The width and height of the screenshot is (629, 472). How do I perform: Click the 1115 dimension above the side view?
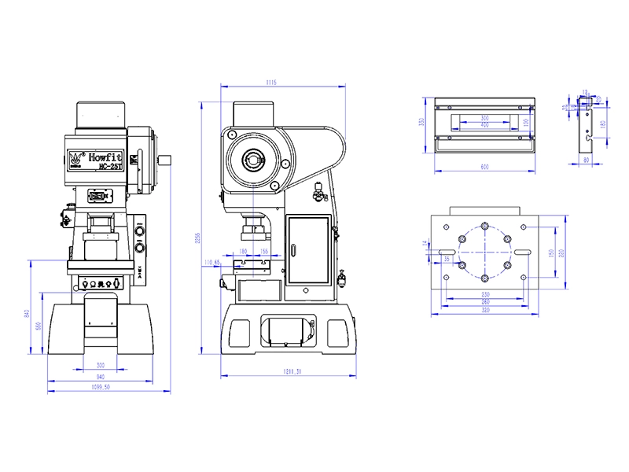pyautogui.click(x=272, y=82)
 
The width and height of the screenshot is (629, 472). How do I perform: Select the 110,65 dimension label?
pyautogui.click(x=212, y=261)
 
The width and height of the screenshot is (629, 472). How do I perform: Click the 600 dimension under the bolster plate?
pyautogui.click(x=484, y=168)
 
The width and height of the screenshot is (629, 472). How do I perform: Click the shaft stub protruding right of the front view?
pyautogui.click(x=166, y=160)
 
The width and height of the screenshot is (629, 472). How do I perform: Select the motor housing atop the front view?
pyautogui.click(x=100, y=116)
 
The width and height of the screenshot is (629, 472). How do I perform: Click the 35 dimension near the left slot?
pyautogui.click(x=447, y=258)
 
